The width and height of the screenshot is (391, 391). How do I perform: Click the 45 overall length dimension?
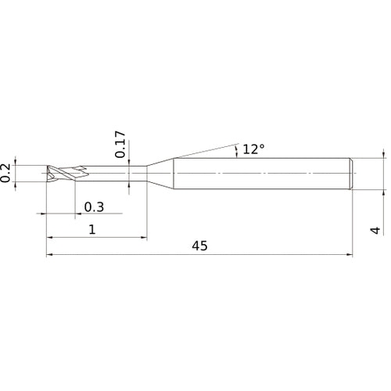199,246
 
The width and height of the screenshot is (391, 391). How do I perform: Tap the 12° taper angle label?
253,149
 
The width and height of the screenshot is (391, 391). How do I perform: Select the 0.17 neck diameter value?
120,145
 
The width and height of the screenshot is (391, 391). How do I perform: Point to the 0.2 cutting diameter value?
5,173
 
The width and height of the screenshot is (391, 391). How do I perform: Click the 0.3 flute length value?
94,207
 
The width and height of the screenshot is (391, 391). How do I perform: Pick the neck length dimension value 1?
92,230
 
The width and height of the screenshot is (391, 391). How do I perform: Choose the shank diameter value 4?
375,231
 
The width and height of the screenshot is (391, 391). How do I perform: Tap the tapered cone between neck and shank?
160,174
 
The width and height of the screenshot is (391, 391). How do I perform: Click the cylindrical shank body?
262,174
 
